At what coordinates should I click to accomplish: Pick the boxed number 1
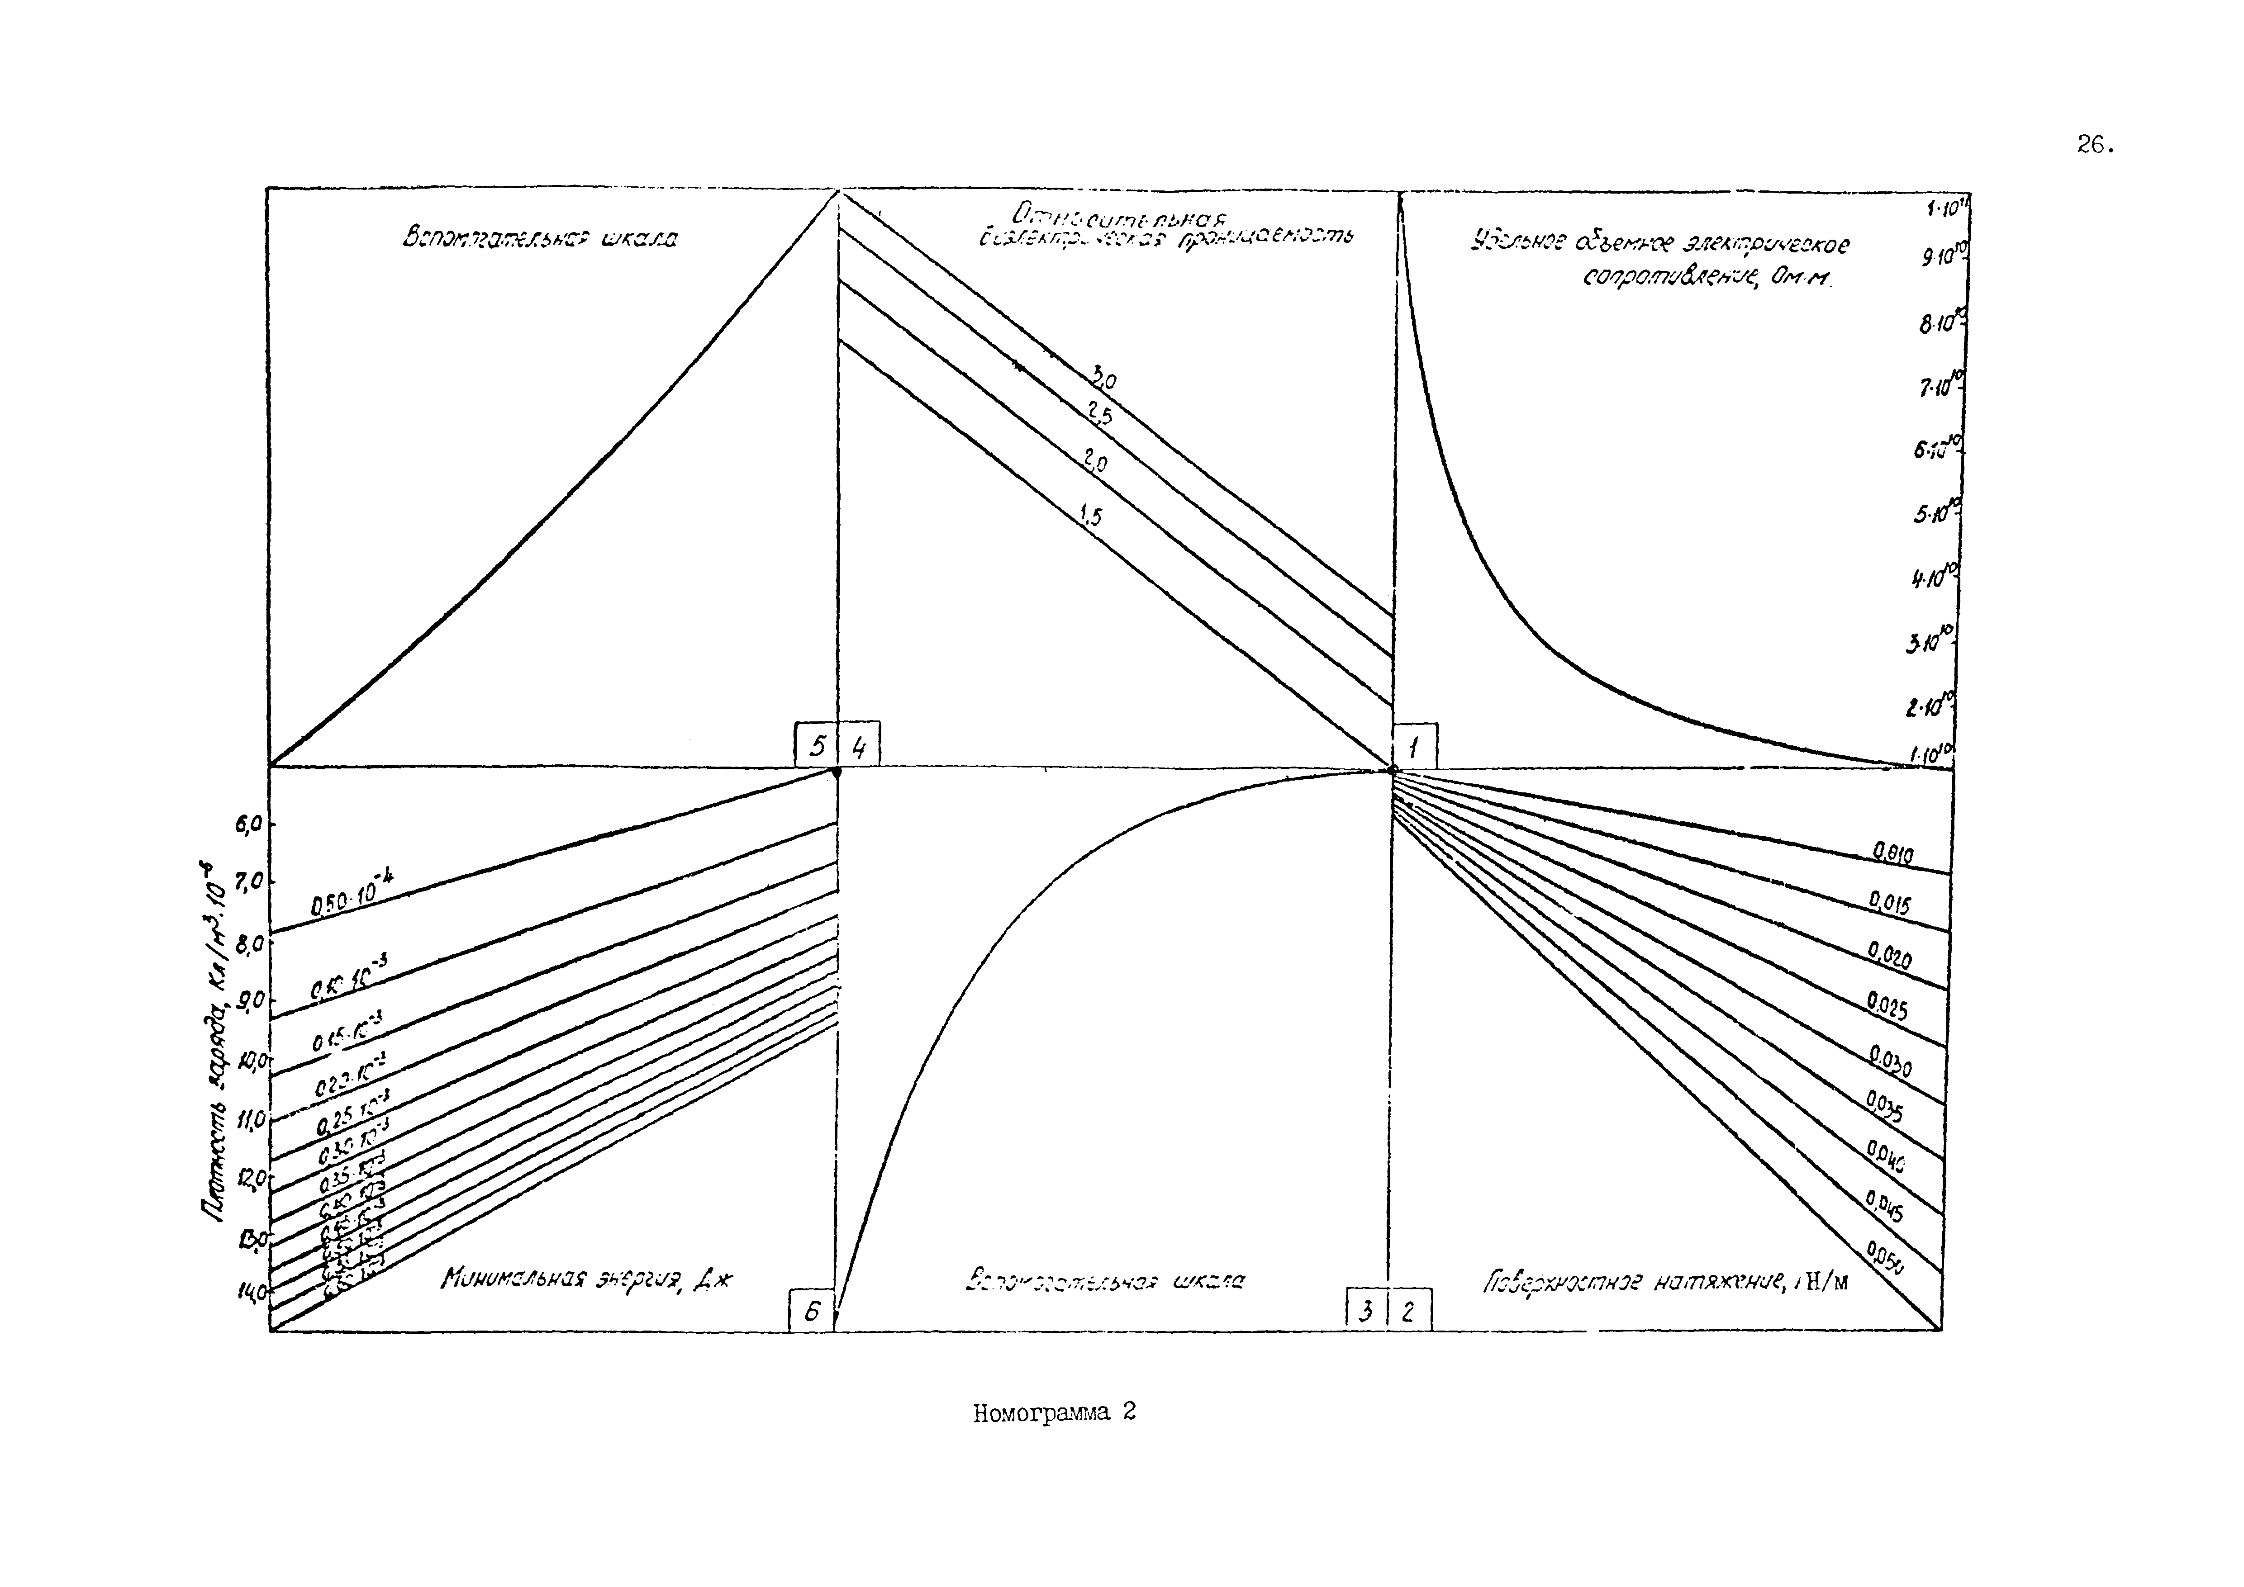pos(1414,748)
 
